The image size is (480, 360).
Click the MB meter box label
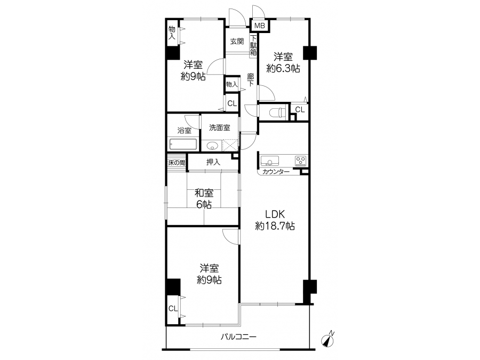pos(260,26)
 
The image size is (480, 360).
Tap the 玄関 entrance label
pos(237,41)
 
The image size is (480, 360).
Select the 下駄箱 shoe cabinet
pos(253,45)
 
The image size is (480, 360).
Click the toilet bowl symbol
pos(277,113)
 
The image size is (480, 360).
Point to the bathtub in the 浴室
pos(183,145)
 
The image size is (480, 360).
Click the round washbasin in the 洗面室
pos(212,146)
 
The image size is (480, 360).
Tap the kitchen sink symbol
pos(269,161)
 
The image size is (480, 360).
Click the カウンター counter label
pos(276,172)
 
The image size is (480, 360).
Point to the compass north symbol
pos(328,340)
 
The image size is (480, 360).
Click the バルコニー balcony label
pos(239,337)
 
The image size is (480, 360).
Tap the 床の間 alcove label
pos(177,163)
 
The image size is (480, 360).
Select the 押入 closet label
pos(213,162)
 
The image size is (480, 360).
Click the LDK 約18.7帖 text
pos(275,220)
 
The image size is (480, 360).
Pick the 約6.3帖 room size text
pos(283,68)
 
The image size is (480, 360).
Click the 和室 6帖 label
pos(204,198)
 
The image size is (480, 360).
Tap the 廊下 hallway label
pos(251,79)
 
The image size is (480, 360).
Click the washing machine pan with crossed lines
pos(230,145)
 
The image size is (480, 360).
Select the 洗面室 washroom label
pos(220,127)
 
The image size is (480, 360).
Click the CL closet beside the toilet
pos(300,109)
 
